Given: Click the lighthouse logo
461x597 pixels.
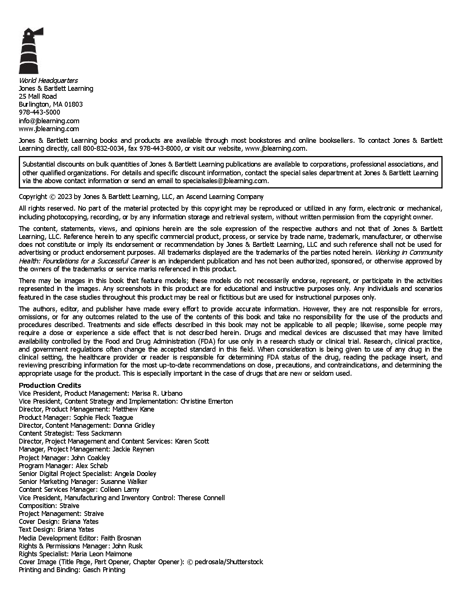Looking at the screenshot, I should click(x=31, y=51).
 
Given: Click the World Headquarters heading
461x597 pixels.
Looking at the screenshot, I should click(x=48, y=80).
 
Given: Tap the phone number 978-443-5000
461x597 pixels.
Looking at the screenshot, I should click(x=40, y=112).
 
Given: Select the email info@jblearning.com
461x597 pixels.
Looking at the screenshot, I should click(x=49, y=121).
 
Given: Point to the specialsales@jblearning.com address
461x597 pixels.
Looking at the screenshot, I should click(x=225, y=181).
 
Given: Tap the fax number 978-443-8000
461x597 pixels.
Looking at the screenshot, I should click(x=160, y=148).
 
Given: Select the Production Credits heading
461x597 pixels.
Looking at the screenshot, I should click(x=50, y=385).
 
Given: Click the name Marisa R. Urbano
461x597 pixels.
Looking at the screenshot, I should click(x=157, y=393).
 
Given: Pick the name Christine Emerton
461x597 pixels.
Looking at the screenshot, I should click(x=206, y=401).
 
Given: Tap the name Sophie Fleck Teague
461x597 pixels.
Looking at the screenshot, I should click(x=103, y=418).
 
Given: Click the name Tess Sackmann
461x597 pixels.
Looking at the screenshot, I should click(x=99, y=433).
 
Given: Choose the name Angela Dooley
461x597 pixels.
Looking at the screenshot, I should click(x=135, y=474).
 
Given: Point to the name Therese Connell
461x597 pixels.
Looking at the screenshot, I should click(x=201, y=498).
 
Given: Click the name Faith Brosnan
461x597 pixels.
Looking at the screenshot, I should click(x=121, y=538).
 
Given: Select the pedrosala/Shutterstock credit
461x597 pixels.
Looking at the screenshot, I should click(x=229, y=562).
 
